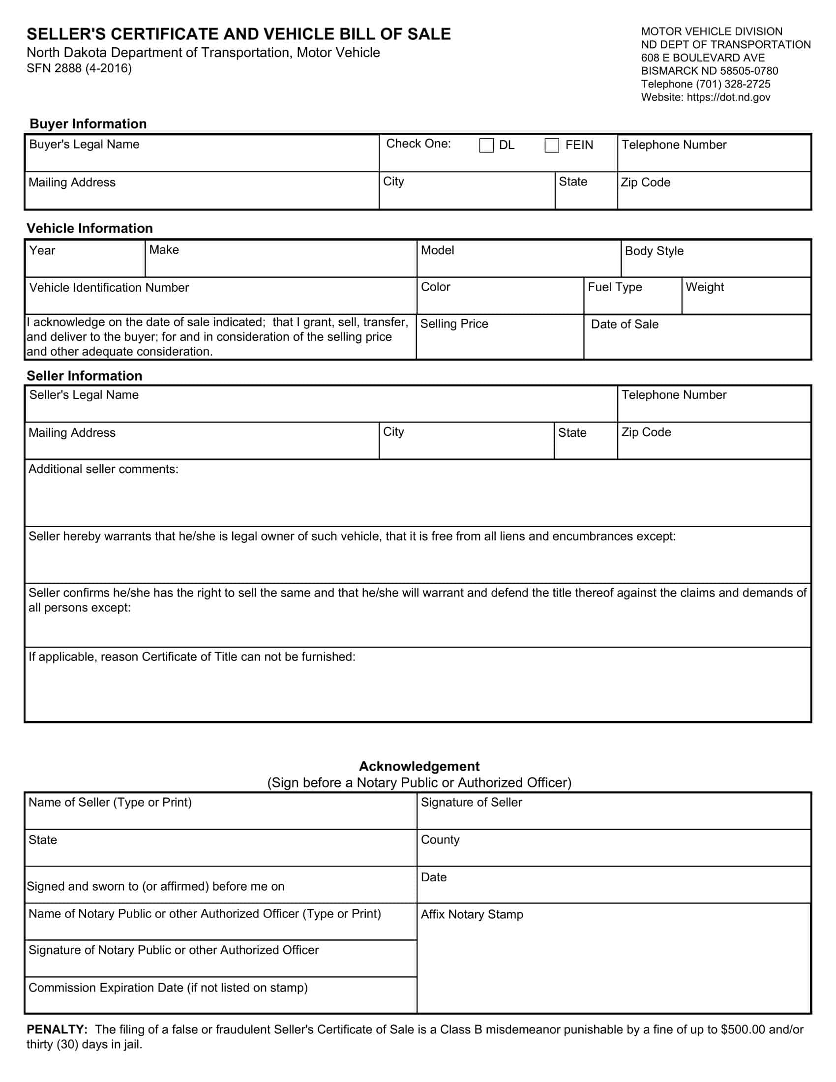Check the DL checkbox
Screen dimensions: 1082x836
click(486, 145)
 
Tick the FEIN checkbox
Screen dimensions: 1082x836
click(552, 145)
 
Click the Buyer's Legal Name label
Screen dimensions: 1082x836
click(84, 144)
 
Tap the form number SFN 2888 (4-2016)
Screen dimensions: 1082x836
click(79, 68)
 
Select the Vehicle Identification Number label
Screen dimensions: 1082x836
click(109, 287)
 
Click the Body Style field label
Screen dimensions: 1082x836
click(654, 251)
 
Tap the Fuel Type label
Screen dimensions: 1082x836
click(615, 287)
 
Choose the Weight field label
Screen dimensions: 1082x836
click(704, 287)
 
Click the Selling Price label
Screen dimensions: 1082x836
click(454, 324)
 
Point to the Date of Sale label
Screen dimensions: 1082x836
click(625, 324)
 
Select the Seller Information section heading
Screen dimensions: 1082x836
click(84, 376)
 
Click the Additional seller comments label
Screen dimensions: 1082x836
click(103, 469)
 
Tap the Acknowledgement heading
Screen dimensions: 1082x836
click(419, 766)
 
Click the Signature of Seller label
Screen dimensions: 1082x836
click(471, 802)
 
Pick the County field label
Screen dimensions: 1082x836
click(440, 839)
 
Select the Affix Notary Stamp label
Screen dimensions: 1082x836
click(472, 914)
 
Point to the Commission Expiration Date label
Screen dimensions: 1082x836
click(168, 988)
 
